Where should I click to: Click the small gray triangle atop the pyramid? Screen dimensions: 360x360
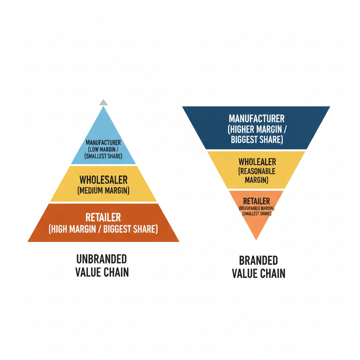(x=103, y=103)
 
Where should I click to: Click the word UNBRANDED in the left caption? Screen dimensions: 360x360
(x=102, y=259)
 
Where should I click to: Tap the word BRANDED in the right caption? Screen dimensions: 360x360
(x=258, y=261)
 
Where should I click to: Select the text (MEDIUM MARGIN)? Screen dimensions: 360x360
(x=103, y=191)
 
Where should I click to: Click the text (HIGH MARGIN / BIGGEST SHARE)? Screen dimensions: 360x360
(x=103, y=229)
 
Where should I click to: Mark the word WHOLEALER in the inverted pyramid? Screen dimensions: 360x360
(x=257, y=162)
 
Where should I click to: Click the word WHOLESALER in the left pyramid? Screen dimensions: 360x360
(x=103, y=180)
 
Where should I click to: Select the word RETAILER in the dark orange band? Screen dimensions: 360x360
(x=103, y=217)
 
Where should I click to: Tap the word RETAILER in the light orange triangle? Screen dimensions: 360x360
(x=257, y=201)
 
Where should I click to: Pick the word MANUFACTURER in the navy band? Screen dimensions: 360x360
(x=256, y=118)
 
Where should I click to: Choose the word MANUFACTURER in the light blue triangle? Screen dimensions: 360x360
(x=103, y=143)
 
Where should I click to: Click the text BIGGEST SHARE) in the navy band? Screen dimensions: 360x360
(x=256, y=139)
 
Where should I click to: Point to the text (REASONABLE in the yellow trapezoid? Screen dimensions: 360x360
(x=257, y=171)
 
